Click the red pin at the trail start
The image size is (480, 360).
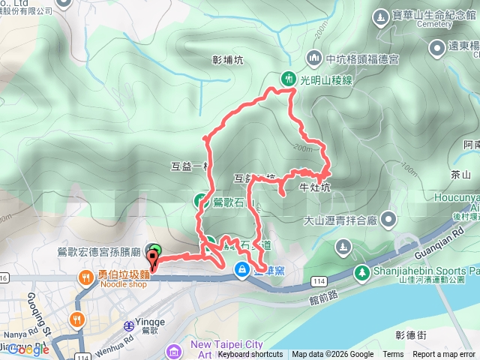pyautogui.click(x=154, y=259)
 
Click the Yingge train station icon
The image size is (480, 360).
pyautogui.click(x=129, y=326)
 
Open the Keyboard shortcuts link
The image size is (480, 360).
pyautogui.click(x=250, y=355)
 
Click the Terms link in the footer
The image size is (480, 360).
pyautogui.click(x=393, y=355)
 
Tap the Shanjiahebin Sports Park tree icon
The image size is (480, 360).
pyautogui.click(x=361, y=271)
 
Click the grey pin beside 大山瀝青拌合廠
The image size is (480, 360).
pyautogui.click(x=388, y=220)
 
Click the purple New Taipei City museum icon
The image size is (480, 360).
pyautogui.click(x=174, y=350)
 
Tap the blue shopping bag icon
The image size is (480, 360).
pyautogui.click(x=242, y=269)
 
